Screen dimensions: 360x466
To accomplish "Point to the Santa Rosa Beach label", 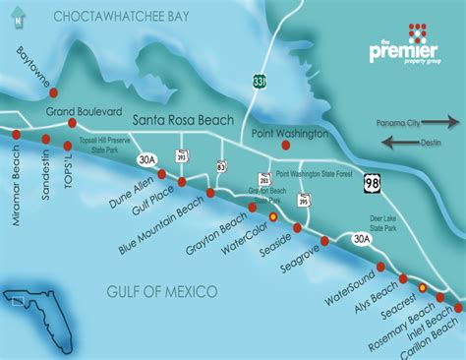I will coord(183,120).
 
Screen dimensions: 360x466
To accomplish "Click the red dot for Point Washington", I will coord(285,145).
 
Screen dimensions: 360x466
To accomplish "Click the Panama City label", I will coord(405,123).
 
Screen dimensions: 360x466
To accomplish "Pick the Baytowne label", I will coord(32,67).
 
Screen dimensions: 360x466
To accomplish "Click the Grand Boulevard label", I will coord(85,111).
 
